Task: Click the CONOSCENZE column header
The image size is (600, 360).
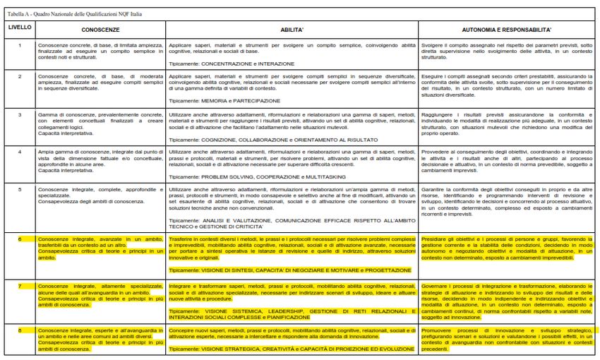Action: coord(100,31)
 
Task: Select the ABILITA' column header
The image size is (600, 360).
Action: coord(292,31)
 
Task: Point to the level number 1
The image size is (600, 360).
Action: coord(20,45)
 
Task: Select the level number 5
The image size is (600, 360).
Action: coord(20,188)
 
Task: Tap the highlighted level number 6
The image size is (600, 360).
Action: coord(20,239)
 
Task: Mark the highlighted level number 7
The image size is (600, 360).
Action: coord(20,285)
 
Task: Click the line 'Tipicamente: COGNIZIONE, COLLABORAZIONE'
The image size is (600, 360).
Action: coord(279,139)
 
